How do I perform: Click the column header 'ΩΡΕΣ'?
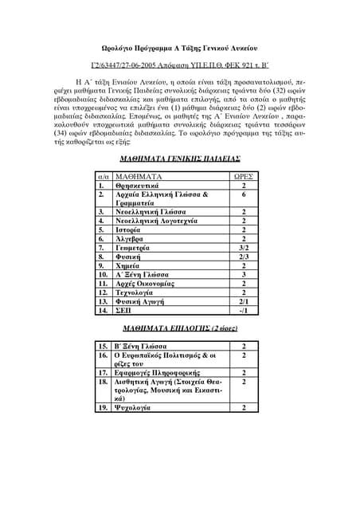coord(243,175)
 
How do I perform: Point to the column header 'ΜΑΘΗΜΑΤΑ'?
coord(139,175)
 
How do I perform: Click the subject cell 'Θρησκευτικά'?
coord(139,185)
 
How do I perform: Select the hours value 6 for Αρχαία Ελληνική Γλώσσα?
coord(243,194)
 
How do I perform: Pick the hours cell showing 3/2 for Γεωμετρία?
coord(243,248)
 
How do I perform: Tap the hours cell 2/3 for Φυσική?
coord(243,258)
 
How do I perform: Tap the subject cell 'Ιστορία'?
coord(132,226)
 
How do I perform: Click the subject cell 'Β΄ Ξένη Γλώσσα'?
coord(144,347)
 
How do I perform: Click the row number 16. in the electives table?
coord(103,356)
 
